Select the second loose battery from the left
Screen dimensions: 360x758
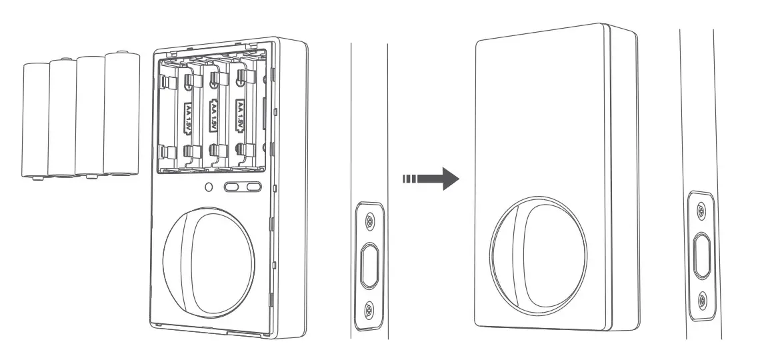click(63, 119)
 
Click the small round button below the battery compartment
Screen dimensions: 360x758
click(209, 188)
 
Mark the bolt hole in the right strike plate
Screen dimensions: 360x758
click(700, 255)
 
